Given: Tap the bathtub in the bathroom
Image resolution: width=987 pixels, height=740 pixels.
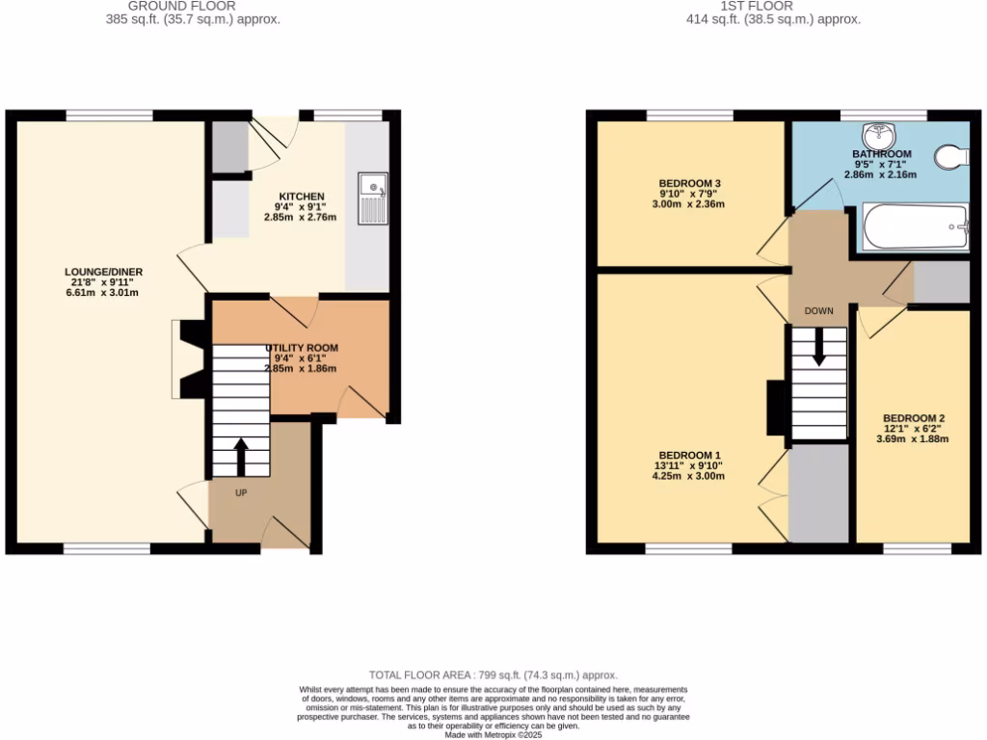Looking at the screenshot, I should [915, 227].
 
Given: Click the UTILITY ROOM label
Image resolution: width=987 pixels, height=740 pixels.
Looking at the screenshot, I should [302, 348].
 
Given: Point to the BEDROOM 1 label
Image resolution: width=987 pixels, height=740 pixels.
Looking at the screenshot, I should [689, 455].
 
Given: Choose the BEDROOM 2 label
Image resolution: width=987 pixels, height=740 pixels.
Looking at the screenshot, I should [913, 418].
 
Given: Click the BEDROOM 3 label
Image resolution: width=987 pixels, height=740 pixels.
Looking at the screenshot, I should [689, 183].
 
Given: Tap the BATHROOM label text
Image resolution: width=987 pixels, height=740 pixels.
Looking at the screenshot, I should [881, 154].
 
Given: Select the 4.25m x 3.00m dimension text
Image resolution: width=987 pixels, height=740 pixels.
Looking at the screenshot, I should [689, 476].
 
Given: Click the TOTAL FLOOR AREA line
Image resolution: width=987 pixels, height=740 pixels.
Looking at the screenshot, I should [493, 675].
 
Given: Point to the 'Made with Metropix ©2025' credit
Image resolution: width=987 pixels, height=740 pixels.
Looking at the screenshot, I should [493, 734].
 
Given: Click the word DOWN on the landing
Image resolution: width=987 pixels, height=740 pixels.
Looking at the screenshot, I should [818, 311].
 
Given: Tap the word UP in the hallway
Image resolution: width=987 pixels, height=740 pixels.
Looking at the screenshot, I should [241, 492].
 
